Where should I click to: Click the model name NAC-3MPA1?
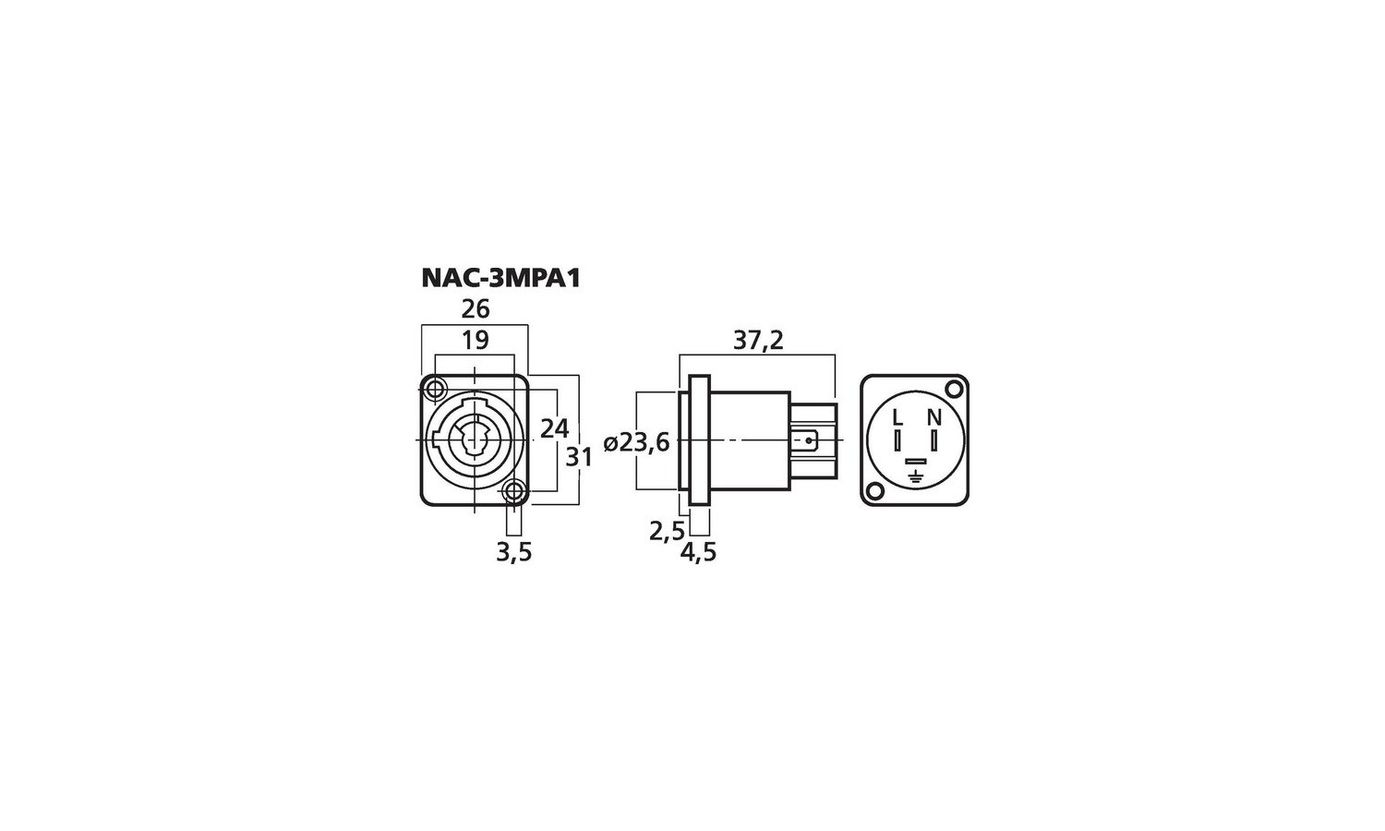(500, 278)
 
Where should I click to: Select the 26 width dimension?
(476, 308)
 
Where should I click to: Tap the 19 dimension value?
(476, 340)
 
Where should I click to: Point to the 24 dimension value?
(554, 428)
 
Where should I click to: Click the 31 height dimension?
(579, 458)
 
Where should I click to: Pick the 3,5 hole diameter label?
(513, 553)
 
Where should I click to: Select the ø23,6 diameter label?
(636, 442)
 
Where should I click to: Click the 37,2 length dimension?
(758, 341)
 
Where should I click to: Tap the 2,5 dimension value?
(668, 531)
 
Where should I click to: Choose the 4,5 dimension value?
(698, 552)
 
